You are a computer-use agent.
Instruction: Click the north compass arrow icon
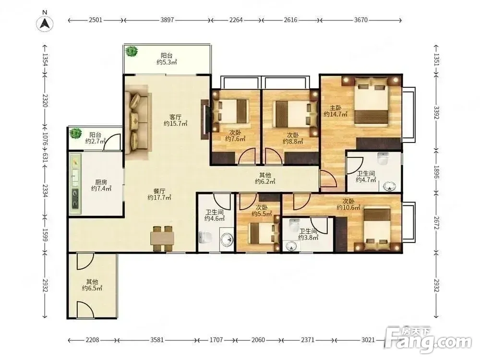click(x=45, y=24)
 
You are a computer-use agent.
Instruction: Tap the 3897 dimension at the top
click(x=167, y=20)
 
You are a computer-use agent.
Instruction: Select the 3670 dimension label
click(x=360, y=20)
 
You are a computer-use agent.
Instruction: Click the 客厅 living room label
click(x=175, y=117)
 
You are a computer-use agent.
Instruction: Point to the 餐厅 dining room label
click(x=159, y=191)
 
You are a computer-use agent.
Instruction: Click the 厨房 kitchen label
click(x=101, y=182)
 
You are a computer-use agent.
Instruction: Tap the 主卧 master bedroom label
click(x=336, y=108)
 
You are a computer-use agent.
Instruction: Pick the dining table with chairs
click(x=162, y=239)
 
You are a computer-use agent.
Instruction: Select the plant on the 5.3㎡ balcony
click(x=132, y=51)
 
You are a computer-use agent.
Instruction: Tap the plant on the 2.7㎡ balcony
click(x=75, y=133)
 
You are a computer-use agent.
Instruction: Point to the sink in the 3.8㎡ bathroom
click(x=291, y=245)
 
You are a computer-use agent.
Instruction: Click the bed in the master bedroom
click(x=372, y=102)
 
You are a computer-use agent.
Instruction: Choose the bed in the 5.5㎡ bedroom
click(x=260, y=233)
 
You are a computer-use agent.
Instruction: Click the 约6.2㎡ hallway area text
click(x=265, y=181)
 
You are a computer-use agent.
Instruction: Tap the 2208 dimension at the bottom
click(x=92, y=340)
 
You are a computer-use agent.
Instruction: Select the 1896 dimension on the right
click(x=436, y=172)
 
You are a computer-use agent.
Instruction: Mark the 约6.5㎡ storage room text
click(x=92, y=288)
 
